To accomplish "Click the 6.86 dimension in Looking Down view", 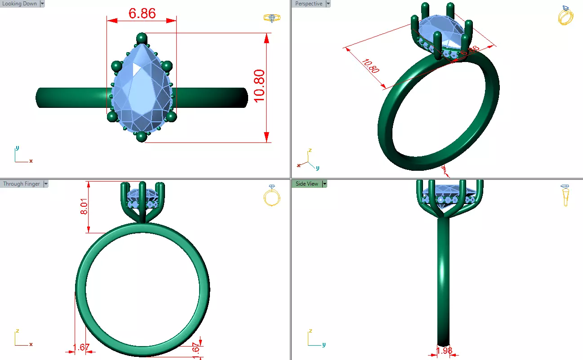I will pos(142,13).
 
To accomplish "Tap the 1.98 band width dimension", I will pos(444,350).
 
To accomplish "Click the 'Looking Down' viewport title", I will pos(19,4).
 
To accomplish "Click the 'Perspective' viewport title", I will pos(308,4).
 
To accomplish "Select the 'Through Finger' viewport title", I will pos(21,184).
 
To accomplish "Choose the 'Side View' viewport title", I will pos(307,184).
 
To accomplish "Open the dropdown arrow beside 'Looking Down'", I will pos(42,4).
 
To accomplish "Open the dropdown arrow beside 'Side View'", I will pos(324,184).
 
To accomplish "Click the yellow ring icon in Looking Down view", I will pos(270,18).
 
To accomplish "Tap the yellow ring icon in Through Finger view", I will pos(271,196).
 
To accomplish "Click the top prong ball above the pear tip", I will pos(142,38).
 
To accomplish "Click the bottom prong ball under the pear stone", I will pos(142,137).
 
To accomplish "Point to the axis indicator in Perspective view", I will pos(308,160).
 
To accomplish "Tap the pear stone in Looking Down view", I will pos(142,88).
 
